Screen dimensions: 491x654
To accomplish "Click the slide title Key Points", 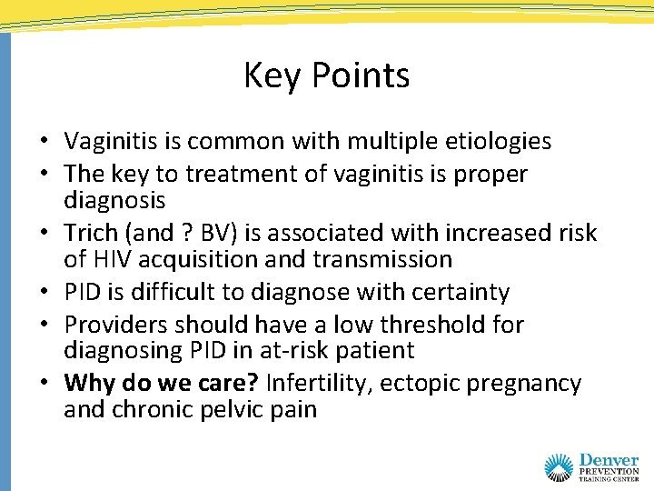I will click(326, 75).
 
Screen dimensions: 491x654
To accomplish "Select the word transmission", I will click(382, 260).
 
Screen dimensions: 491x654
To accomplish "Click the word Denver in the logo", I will click(608, 462).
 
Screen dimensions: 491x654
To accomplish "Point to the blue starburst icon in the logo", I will click(560, 467).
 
